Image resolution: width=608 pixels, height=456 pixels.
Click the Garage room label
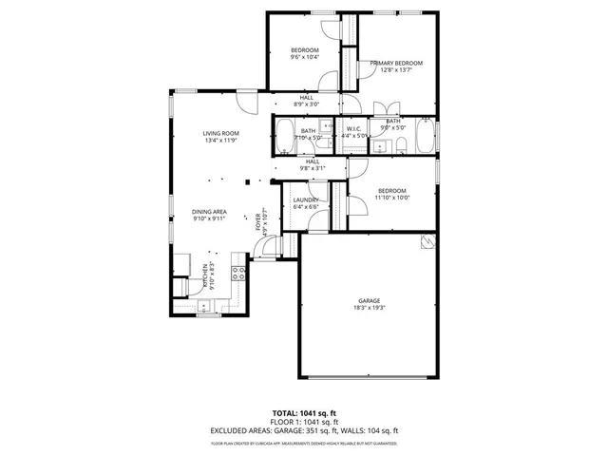[x=370, y=300]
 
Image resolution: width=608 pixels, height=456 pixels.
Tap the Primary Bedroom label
[x=396, y=63]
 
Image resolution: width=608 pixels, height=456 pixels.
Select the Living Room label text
[x=220, y=133]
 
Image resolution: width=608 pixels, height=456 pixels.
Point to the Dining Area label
[x=209, y=212]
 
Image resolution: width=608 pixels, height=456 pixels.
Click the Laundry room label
[x=306, y=199]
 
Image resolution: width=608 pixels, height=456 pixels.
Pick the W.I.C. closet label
[x=353, y=129]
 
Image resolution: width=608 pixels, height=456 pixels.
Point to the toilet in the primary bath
[x=402, y=144]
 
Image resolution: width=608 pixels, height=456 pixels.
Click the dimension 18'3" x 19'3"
[x=370, y=307]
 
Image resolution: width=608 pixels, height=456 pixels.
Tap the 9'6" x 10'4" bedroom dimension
[x=304, y=56]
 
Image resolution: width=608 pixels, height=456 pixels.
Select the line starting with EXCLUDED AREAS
[x=303, y=429]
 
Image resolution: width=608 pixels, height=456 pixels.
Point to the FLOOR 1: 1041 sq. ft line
[x=303, y=422]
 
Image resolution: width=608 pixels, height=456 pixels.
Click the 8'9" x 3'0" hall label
[x=307, y=104]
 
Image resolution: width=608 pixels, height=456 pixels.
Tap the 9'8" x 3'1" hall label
[x=311, y=167]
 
